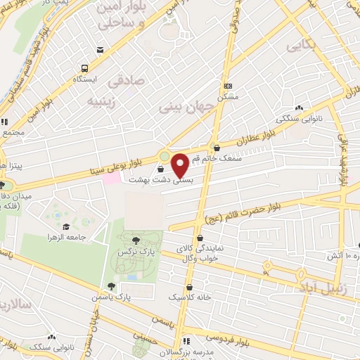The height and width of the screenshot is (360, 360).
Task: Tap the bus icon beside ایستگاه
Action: (84, 69)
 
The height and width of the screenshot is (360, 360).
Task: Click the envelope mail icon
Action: (102, 49)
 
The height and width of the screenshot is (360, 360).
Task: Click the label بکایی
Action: (300, 46)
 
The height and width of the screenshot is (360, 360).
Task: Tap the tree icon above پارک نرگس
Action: (146, 240)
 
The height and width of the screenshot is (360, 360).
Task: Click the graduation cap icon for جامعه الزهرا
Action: (66, 226)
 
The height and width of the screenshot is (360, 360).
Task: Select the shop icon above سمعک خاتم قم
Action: (216, 148)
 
